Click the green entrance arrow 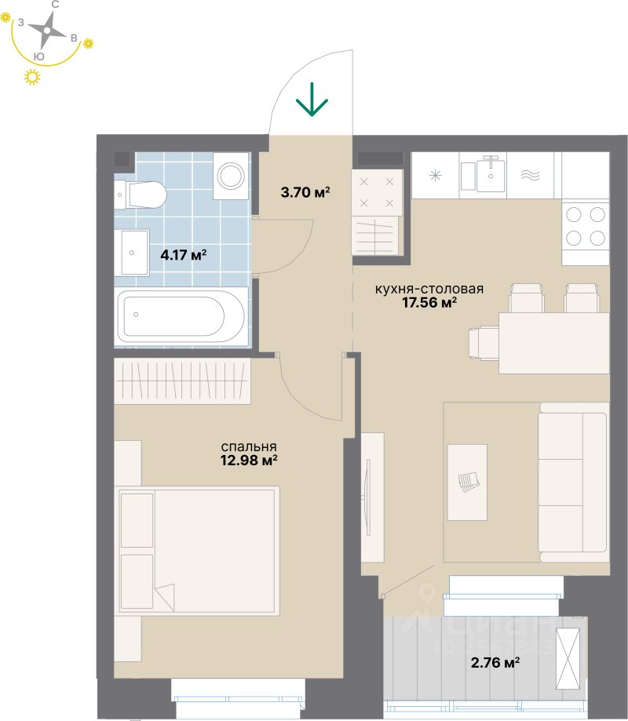[312, 100]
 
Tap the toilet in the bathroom [141, 194]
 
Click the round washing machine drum [232, 175]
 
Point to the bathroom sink [132, 253]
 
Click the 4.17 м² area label [183, 255]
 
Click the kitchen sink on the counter [491, 174]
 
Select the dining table [553, 343]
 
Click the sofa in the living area [573, 482]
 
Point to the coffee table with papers [467, 482]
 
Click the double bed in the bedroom [198, 550]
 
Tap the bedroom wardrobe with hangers [182, 381]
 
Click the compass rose [47, 32]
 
